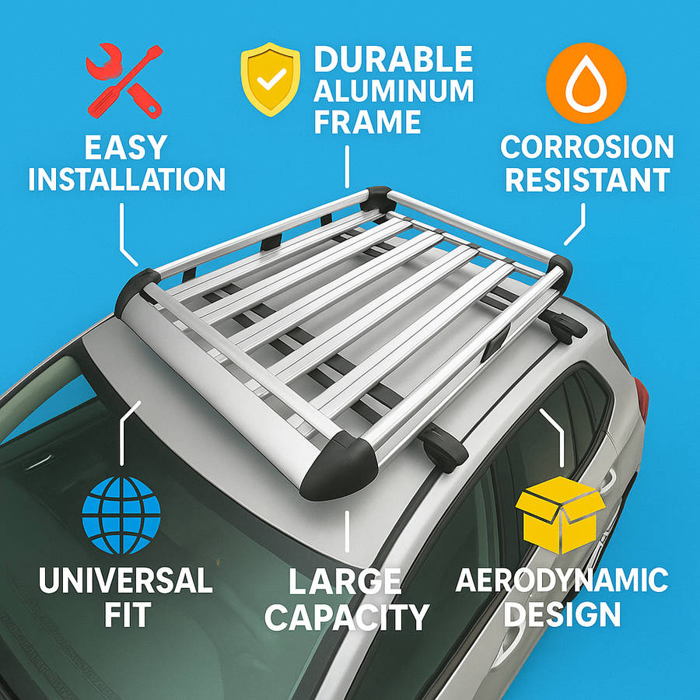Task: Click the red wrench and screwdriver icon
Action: [124, 81]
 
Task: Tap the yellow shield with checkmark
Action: [271, 79]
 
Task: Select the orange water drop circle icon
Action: [586, 83]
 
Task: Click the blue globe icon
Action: [121, 515]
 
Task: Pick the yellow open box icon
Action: [560, 514]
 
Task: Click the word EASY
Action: [126, 148]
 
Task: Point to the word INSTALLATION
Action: [127, 180]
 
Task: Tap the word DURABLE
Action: [393, 59]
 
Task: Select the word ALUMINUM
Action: [394, 91]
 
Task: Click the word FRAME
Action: [367, 121]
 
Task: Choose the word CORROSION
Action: [586, 147]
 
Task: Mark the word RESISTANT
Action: [587, 180]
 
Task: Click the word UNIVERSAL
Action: [125, 580]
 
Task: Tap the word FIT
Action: [128, 614]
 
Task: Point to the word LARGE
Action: [345, 581]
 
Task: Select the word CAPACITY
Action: [347, 617]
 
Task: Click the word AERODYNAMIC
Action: [562, 580]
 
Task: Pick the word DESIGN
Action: [562, 614]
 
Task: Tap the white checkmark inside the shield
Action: [271, 78]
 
